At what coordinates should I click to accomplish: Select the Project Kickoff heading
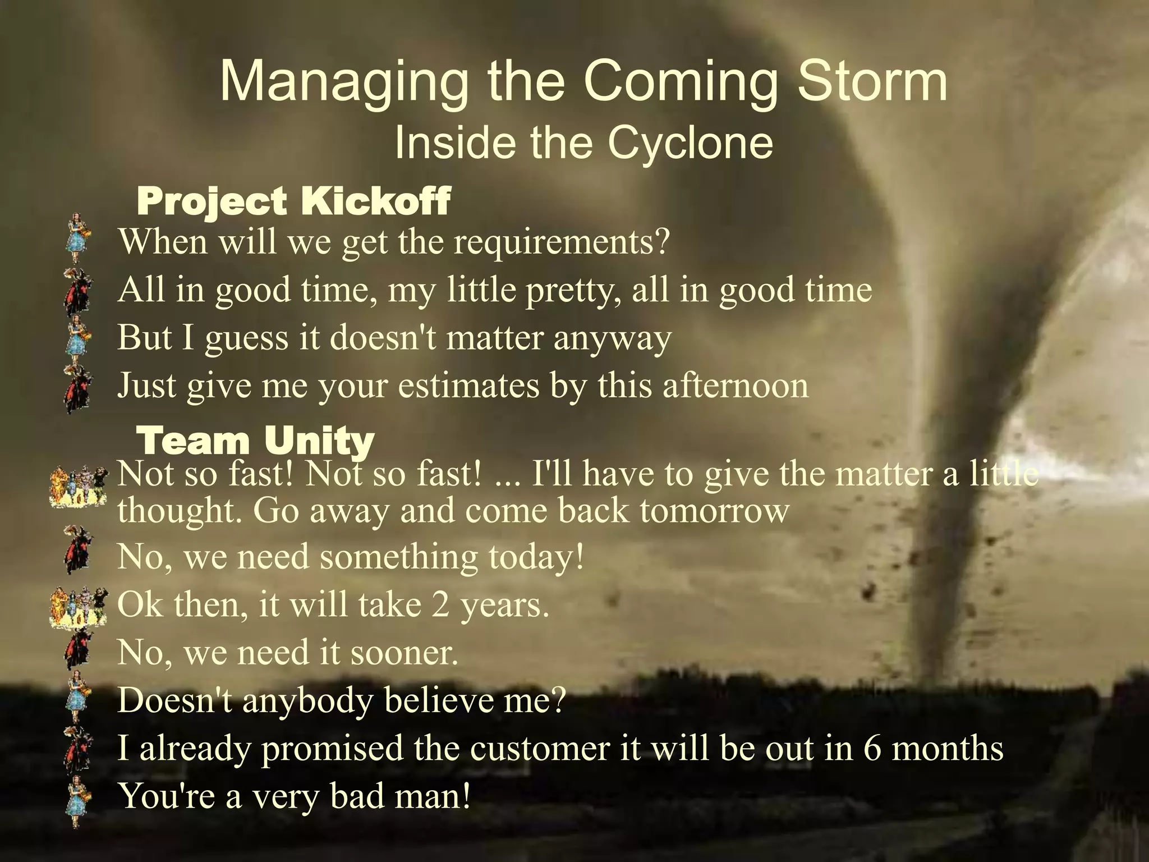point(293,201)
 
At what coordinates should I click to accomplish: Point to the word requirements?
point(562,242)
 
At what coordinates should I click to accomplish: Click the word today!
point(536,557)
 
